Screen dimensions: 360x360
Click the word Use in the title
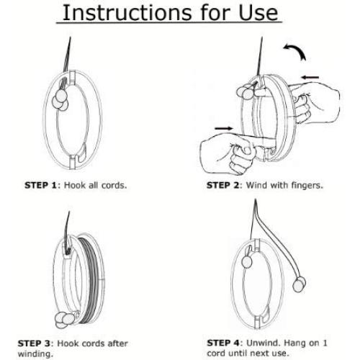258,12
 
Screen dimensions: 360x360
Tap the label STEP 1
40,185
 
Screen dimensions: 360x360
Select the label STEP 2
222,185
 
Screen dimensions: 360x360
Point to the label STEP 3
34,343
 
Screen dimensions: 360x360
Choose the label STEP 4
223,343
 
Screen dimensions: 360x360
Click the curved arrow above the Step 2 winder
296,51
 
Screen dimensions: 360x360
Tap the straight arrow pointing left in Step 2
310,77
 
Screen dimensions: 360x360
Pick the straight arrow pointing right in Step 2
224,128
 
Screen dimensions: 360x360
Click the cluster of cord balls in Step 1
60,100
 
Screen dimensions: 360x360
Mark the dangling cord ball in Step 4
300,284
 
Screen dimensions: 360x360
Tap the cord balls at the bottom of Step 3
64,320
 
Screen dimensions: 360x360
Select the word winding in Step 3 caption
35,354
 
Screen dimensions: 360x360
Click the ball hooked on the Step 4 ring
247,261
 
